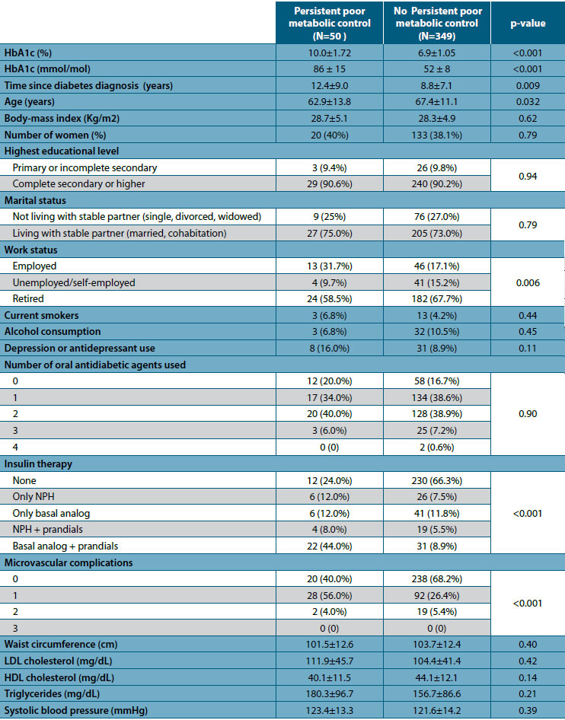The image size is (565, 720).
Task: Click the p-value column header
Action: (x=528, y=24)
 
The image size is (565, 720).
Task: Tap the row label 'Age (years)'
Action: (x=30, y=101)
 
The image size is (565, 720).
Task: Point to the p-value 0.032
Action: (x=528, y=101)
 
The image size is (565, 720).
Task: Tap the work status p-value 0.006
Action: (x=528, y=282)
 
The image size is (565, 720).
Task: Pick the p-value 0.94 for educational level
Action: (x=528, y=176)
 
